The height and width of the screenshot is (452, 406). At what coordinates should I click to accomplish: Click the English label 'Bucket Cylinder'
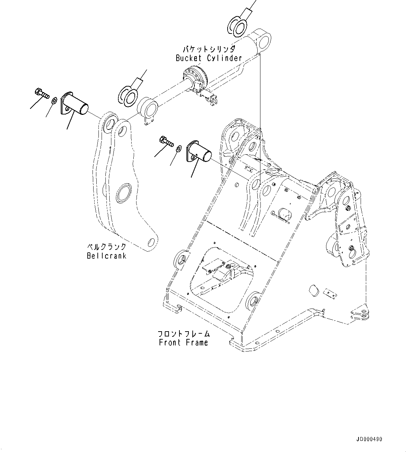[209, 58]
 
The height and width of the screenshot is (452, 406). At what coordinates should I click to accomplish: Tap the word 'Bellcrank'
[106, 255]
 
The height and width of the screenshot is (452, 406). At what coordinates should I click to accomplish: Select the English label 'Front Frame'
[183, 342]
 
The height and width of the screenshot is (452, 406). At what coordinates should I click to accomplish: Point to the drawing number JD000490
[369, 439]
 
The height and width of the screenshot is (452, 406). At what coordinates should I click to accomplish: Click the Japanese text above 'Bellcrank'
[106, 247]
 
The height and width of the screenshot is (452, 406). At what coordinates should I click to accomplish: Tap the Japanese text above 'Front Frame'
[183, 333]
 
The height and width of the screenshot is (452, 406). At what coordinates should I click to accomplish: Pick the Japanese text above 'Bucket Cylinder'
[209, 49]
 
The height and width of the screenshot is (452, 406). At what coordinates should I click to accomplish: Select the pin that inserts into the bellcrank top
[75, 104]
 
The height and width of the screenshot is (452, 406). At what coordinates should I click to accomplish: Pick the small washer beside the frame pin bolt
[179, 148]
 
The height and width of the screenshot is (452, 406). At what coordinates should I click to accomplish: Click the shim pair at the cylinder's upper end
[237, 27]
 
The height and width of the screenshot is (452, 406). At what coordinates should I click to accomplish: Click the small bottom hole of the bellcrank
[151, 242]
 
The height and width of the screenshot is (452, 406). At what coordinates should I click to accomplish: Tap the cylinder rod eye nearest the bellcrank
[149, 108]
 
